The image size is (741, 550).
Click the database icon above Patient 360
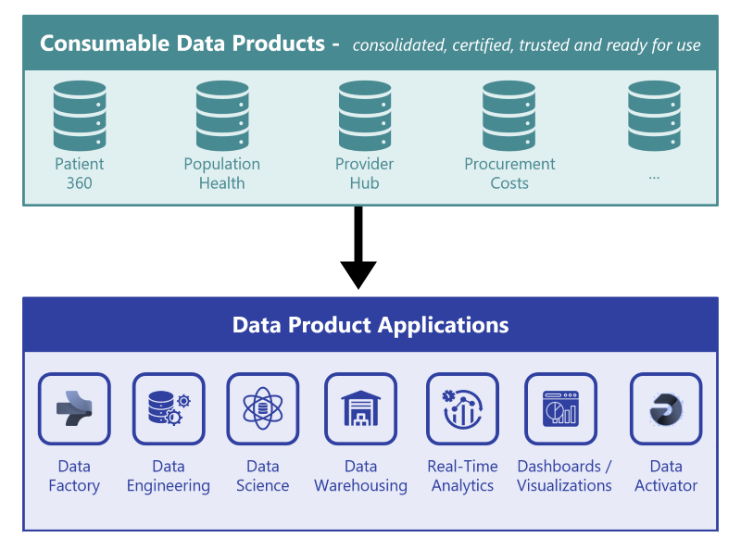(80, 116)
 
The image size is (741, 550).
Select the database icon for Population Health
(222, 116)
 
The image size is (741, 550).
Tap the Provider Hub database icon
(365, 116)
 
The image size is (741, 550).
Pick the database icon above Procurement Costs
(509, 116)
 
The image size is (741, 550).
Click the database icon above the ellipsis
(654, 116)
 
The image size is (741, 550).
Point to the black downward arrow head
(358, 274)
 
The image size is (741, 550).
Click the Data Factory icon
(74, 408)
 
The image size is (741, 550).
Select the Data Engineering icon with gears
(169, 408)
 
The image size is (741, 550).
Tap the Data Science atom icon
(263, 408)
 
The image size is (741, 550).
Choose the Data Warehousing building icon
(360, 408)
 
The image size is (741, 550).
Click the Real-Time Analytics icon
(462, 408)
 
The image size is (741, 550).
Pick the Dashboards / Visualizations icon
(560, 408)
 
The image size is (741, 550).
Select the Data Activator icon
(666, 408)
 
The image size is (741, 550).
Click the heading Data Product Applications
(370, 325)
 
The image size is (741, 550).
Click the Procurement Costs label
(509, 173)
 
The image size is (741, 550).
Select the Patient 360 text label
(80, 173)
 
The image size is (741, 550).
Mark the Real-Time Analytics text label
(462, 476)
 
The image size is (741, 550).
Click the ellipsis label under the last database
(654, 174)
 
